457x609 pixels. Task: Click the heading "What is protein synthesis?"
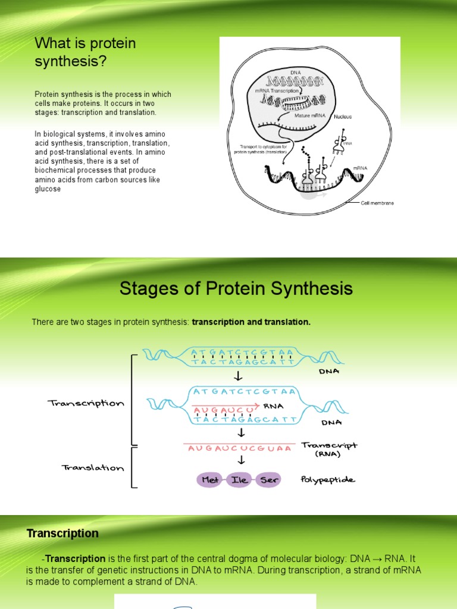(85, 52)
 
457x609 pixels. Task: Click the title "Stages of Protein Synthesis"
(236, 289)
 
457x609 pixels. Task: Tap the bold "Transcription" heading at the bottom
(62, 533)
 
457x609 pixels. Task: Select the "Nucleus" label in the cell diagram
(343, 117)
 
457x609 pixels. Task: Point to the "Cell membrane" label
(377, 203)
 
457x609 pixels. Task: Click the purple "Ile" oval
(242, 479)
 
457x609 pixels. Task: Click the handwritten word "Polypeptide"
(328, 479)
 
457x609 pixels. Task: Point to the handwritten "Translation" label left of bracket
(93, 467)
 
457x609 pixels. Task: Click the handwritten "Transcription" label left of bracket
(86, 403)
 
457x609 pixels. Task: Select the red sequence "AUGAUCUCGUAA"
(240, 448)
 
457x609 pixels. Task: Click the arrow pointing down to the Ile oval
(241, 460)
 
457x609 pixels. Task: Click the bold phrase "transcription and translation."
(251, 322)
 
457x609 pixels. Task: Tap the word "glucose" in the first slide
(48, 189)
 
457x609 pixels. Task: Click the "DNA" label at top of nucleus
(296, 72)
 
